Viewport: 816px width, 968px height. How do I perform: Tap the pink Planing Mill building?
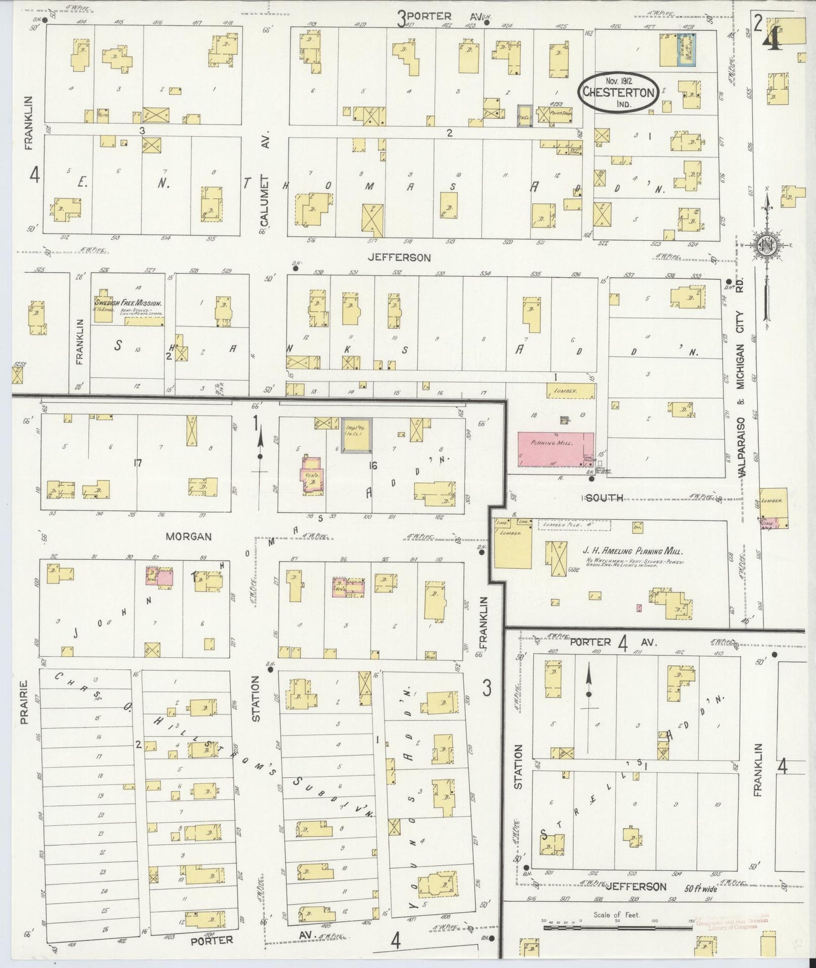[x=556, y=449]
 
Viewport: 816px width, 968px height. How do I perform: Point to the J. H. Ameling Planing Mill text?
[x=632, y=551]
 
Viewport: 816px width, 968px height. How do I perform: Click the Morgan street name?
[x=189, y=536]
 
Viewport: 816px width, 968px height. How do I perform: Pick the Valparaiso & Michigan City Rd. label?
[x=741, y=390]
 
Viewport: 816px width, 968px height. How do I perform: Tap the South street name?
[x=604, y=498]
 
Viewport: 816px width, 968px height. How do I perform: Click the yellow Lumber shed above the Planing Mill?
[x=570, y=390]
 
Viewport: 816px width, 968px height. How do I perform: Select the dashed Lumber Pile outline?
[x=574, y=525]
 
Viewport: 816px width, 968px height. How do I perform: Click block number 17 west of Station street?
[x=137, y=464]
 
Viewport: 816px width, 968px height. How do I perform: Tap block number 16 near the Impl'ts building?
[x=372, y=465]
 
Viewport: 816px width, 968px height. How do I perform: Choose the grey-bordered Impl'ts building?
[x=356, y=435]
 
